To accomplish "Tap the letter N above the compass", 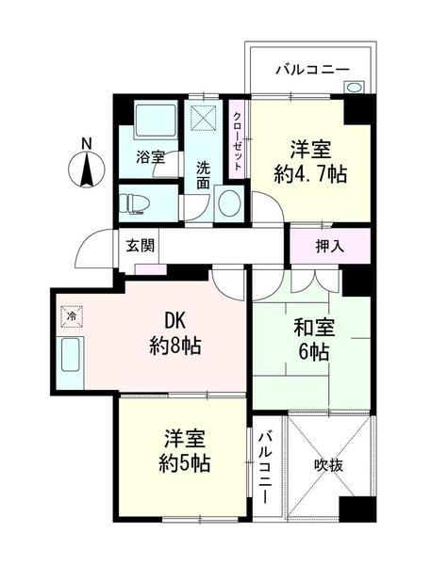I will pyautogui.click(x=87, y=144).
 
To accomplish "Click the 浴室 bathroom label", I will pyautogui.click(x=149, y=157).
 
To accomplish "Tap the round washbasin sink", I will pyautogui.click(x=227, y=203).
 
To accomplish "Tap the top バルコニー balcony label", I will pyautogui.click(x=312, y=69).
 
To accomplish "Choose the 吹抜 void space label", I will pyautogui.click(x=329, y=463).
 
